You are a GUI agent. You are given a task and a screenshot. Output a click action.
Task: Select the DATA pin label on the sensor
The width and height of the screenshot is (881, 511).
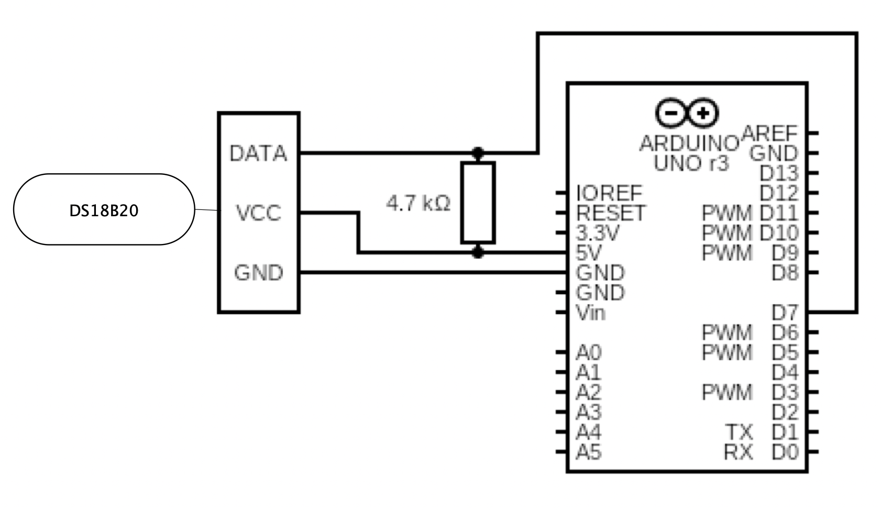tap(258, 153)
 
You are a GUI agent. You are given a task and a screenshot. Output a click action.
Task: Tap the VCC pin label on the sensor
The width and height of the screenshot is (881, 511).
tap(258, 213)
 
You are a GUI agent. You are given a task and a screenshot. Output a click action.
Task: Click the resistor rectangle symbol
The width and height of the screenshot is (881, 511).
tap(478, 203)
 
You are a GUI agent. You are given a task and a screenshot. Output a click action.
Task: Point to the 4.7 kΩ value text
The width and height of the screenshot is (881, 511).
tap(418, 203)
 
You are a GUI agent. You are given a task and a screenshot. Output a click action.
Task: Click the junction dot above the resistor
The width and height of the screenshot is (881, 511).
tap(478, 153)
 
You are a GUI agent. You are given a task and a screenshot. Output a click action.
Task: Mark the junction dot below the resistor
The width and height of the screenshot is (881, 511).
tap(478, 253)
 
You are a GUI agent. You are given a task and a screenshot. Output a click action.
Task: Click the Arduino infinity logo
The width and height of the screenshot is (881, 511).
tap(687, 113)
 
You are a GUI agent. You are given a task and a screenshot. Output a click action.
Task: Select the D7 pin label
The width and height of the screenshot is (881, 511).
tap(785, 313)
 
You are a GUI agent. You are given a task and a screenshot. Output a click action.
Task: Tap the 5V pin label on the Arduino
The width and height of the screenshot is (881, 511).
tap(589, 253)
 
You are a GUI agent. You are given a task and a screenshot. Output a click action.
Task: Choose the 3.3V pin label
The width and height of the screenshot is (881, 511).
tap(597, 233)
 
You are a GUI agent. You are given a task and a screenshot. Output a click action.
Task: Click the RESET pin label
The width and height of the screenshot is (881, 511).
tap(611, 213)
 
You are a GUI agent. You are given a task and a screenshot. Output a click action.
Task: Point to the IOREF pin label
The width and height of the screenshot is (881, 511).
tap(609, 193)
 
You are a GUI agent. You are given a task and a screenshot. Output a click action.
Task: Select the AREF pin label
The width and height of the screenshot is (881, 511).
tap(770, 134)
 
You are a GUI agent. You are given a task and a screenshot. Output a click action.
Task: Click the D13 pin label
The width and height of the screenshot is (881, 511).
tap(779, 173)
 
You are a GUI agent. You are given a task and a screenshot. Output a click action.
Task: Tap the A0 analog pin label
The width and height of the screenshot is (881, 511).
tap(589, 352)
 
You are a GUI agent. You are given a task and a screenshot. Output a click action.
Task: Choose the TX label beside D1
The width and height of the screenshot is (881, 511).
tap(739, 432)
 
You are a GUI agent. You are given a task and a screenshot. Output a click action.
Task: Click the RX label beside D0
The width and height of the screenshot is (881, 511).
tap(739, 452)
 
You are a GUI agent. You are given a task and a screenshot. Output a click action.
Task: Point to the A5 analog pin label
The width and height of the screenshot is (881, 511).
tap(589, 452)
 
